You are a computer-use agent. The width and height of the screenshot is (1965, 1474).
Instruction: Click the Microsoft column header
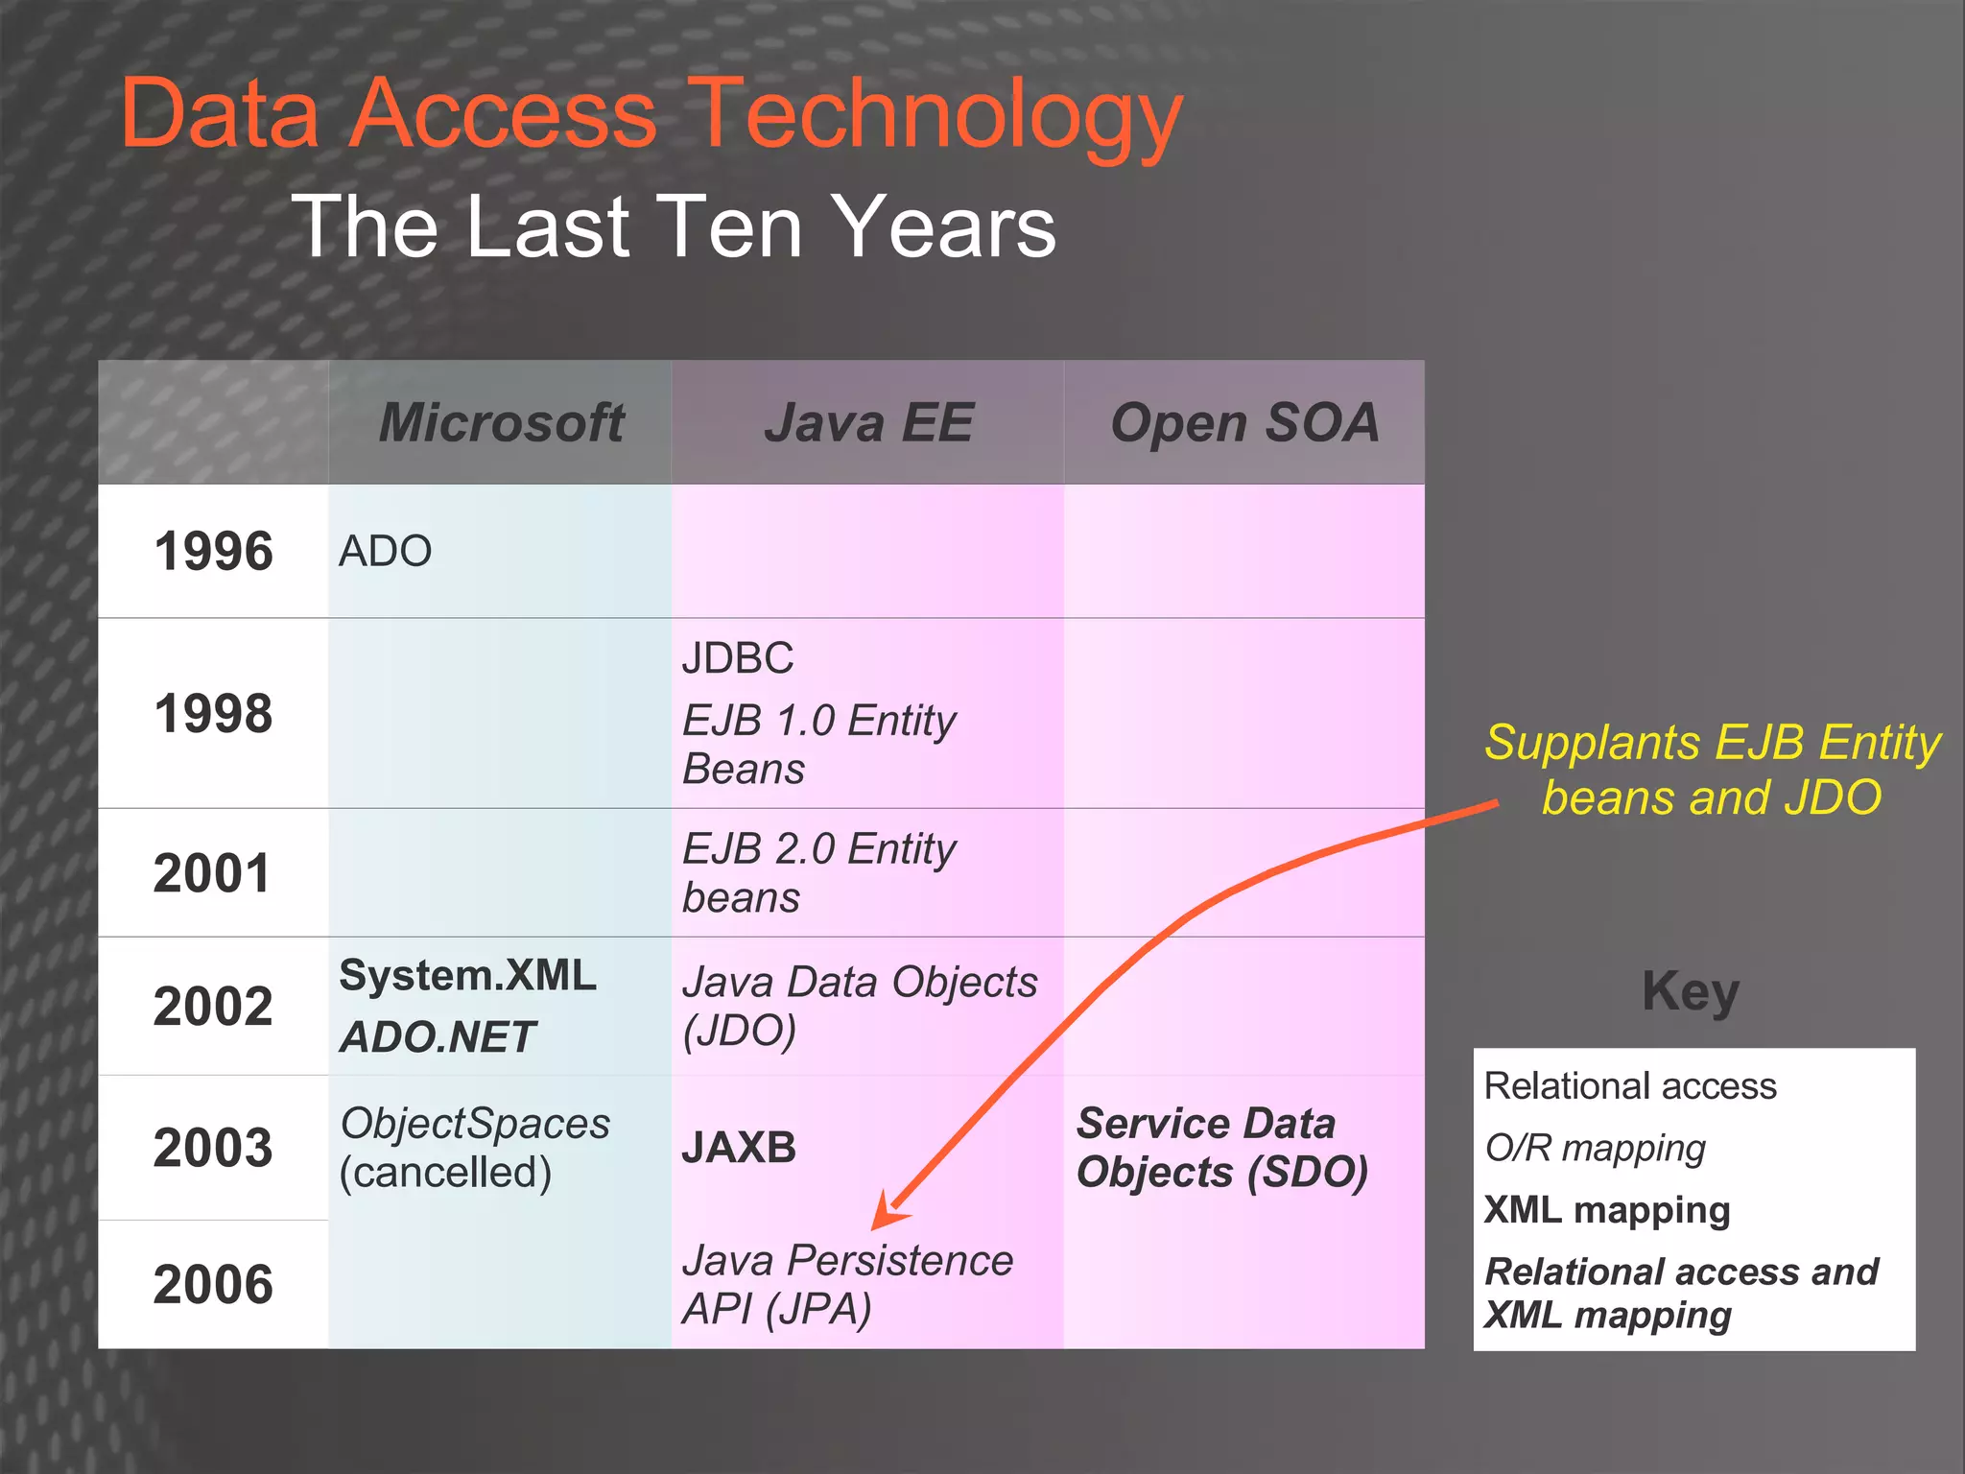click(x=501, y=422)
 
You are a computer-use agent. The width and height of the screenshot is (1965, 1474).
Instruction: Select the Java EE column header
click(x=868, y=422)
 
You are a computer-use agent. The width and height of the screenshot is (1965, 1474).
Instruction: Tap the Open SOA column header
click(x=1244, y=422)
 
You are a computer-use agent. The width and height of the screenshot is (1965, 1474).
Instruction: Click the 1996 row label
click(x=213, y=552)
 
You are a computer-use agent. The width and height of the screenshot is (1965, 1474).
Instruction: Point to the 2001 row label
click(x=212, y=873)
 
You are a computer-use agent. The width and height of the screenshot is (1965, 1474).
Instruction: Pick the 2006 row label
click(x=213, y=1284)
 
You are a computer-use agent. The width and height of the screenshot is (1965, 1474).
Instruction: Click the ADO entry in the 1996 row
click(x=385, y=552)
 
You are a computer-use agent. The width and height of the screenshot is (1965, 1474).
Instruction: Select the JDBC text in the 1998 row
click(x=738, y=658)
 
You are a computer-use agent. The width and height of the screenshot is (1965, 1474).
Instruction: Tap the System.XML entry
click(x=467, y=975)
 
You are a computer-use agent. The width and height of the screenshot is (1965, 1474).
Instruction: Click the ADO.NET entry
click(x=438, y=1036)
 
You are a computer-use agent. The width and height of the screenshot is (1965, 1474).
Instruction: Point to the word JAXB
click(x=739, y=1148)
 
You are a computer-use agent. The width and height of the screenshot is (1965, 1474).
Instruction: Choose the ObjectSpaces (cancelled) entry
click(x=474, y=1148)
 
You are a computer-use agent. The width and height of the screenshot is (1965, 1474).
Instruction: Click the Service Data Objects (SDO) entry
click(x=1221, y=1148)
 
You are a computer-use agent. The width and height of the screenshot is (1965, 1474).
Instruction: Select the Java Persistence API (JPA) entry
click(x=846, y=1284)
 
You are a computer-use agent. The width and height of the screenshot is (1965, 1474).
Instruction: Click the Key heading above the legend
click(x=1690, y=991)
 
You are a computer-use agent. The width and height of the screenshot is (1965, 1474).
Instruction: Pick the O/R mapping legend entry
click(x=1595, y=1148)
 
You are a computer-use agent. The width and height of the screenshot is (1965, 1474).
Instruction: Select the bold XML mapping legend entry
click(x=1607, y=1209)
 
